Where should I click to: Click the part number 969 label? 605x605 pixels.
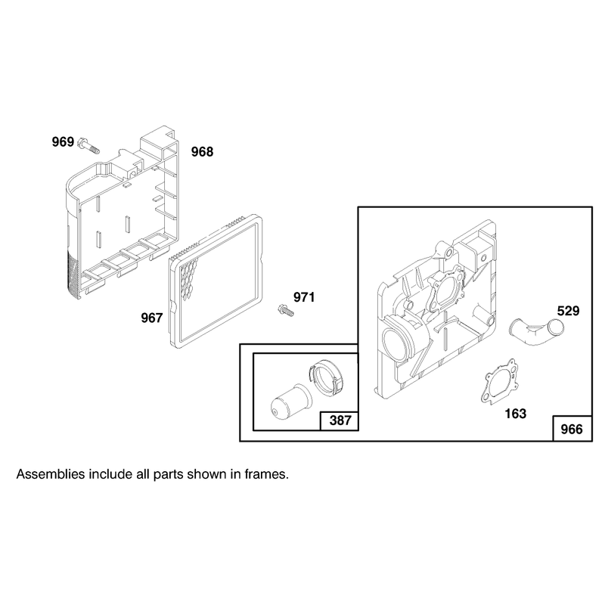[x=63, y=142]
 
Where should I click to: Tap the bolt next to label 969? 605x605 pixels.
[x=88, y=145]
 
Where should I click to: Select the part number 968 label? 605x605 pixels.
[x=202, y=152]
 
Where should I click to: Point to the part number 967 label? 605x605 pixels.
[x=152, y=318]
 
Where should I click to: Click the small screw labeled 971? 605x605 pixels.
[x=286, y=310]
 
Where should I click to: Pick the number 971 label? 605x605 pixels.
[x=304, y=297]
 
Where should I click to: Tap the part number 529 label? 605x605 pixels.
[x=569, y=311]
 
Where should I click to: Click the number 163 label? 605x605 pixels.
[x=516, y=414]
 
